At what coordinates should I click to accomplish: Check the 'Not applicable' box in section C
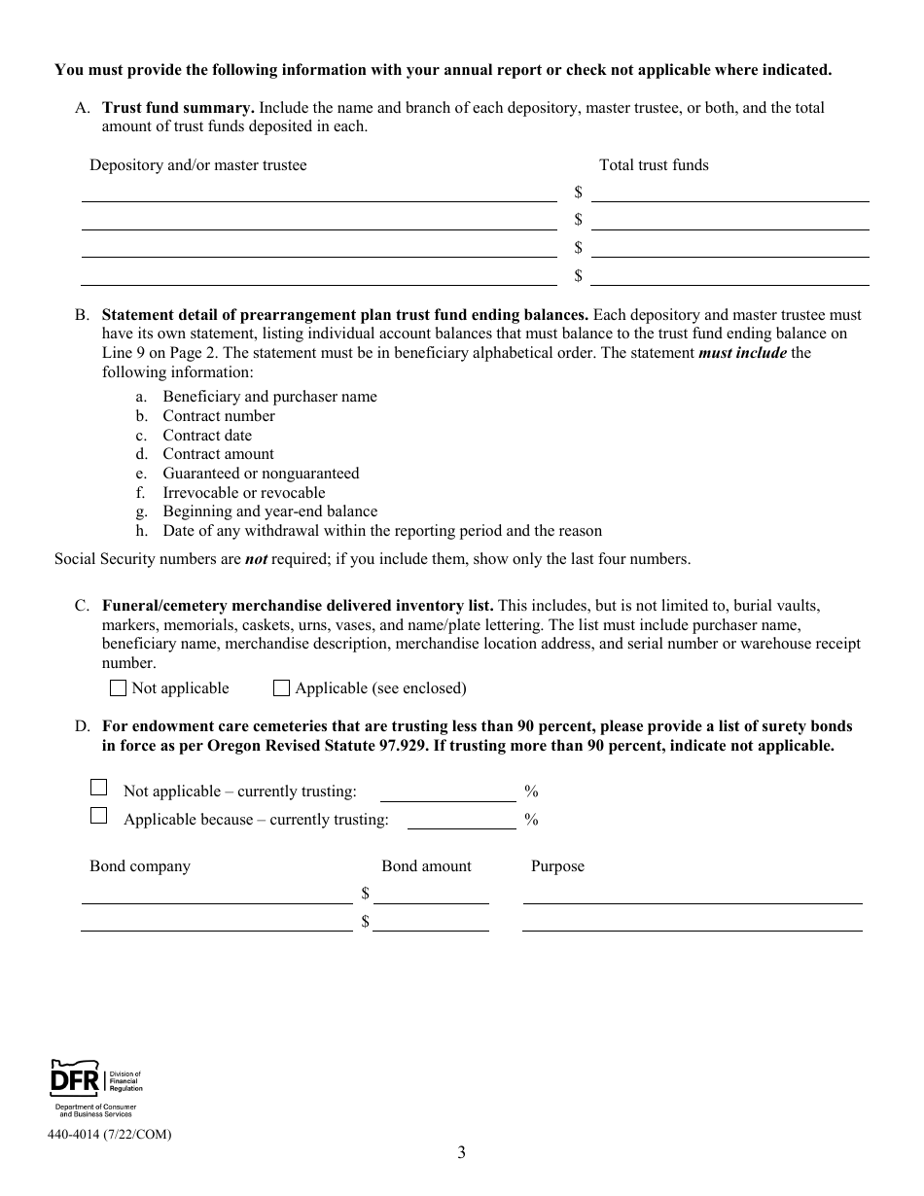[x=119, y=688]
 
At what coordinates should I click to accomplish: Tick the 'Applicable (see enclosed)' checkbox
[x=282, y=688]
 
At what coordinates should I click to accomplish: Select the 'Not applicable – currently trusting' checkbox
[x=98, y=788]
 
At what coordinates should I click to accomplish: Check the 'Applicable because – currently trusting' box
[x=98, y=816]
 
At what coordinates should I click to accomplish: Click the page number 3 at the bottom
[x=461, y=1153]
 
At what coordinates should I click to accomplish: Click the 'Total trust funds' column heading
[x=654, y=165]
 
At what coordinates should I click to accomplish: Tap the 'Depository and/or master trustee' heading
[x=197, y=165]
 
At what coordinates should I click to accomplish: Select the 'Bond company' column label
[x=140, y=866]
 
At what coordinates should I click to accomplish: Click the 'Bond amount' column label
[x=426, y=866]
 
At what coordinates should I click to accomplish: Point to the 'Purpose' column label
[x=557, y=866]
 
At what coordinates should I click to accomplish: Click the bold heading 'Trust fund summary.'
[x=178, y=108]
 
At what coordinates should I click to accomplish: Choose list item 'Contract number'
[x=219, y=416]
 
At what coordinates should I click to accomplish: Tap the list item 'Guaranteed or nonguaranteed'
[x=261, y=474]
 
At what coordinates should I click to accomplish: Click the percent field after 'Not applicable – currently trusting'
[x=447, y=792]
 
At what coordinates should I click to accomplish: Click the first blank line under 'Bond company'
[x=217, y=895]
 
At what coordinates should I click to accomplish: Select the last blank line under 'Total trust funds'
[x=729, y=276]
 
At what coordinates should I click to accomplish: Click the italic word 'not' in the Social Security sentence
[x=255, y=559]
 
